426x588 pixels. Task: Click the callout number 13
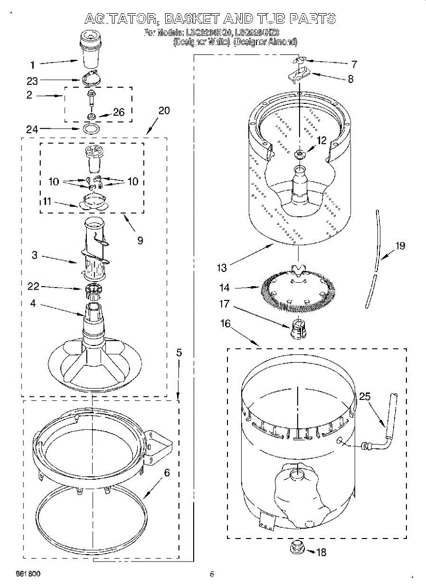222,268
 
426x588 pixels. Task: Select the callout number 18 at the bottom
321,552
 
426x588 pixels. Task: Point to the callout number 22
33,287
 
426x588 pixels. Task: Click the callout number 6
167,473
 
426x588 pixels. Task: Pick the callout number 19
400,246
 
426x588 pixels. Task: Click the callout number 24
31,129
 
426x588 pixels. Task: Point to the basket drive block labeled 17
298,329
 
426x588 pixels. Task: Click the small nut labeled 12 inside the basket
299,155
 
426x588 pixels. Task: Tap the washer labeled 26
91,116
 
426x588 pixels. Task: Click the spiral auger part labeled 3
93,250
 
